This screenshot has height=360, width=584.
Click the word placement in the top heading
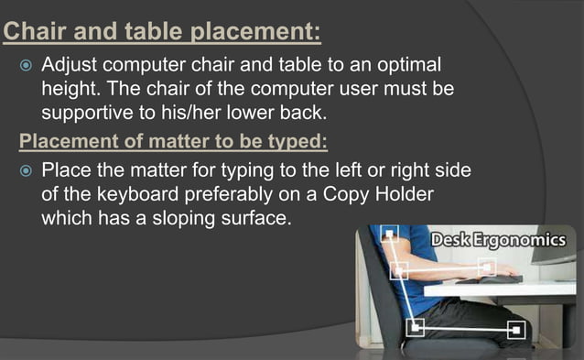254,33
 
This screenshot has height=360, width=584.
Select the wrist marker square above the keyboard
488,267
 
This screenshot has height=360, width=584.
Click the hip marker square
416,326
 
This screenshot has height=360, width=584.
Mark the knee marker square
516,328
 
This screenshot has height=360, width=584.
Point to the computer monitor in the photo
567,266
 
